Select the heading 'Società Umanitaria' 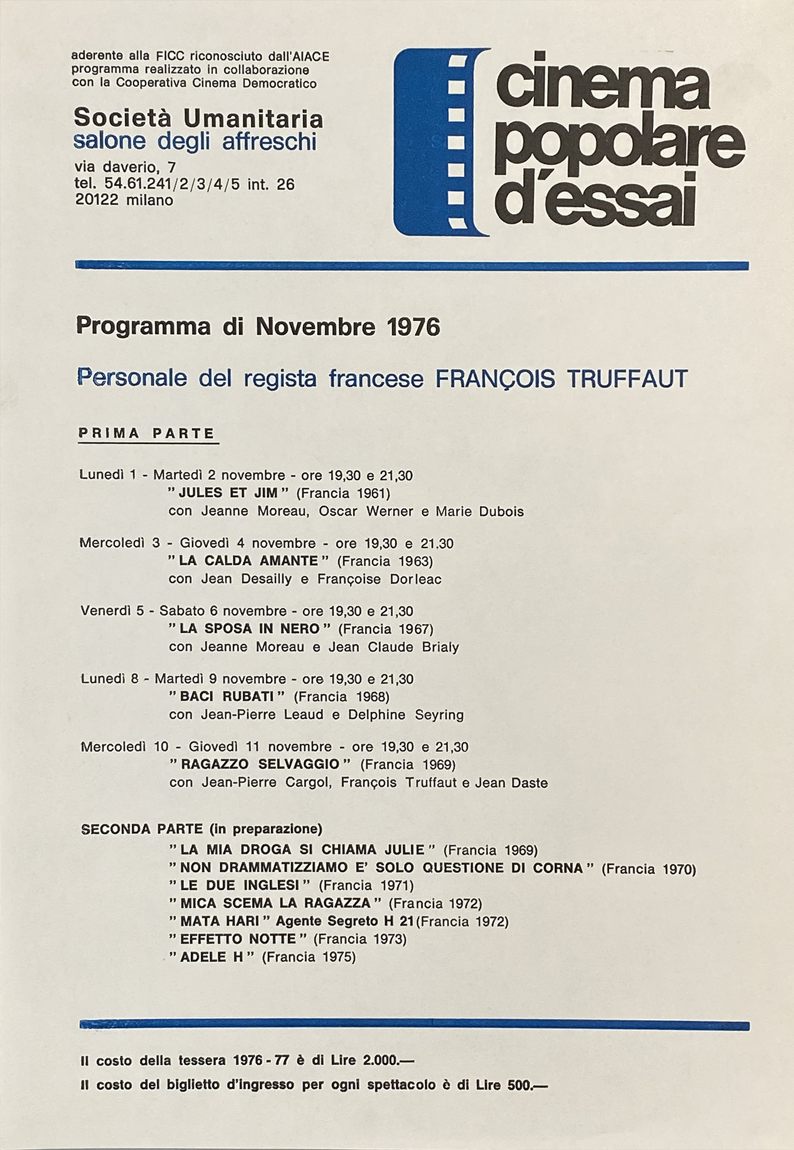(x=198, y=119)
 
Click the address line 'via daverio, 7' (x=125, y=167)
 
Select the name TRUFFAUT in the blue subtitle (x=627, y=379)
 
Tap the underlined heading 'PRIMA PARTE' (x=147, y=434)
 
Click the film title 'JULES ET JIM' (x=228, y=493)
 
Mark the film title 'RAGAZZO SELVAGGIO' (x=260, y=764)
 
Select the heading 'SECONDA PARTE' (x=142, y=829)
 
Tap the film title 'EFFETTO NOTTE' (x=238, y=939)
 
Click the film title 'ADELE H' (x=212, y=957)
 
